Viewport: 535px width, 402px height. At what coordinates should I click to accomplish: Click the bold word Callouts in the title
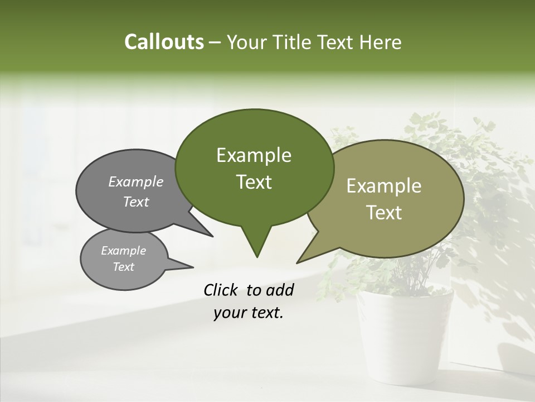(x=164, y=42)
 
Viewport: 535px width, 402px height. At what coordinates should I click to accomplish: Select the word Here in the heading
(x=381, y=42)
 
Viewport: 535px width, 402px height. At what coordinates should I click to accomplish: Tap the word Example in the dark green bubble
(x=254, y=155)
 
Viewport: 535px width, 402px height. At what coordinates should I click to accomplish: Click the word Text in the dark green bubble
(x=254, y=182)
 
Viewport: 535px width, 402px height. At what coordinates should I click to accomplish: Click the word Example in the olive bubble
(x=384, y=186)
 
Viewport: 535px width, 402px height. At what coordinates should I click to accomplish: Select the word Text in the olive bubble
(x=384, y=213)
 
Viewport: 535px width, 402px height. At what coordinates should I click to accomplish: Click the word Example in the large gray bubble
(x=136, y=181)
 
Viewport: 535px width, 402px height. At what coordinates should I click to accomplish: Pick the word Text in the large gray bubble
(x=136, y=202)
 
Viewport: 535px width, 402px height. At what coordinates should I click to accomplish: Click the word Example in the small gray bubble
(x=123, y=251)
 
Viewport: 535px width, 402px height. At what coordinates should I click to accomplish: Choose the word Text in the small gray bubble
(x=123, y=267)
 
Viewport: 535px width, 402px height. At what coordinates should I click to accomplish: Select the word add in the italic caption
(x=280, y=290)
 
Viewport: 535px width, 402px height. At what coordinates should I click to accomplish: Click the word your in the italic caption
(x=230, y=313)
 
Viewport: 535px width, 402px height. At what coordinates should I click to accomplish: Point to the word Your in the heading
(x=247, y=42)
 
